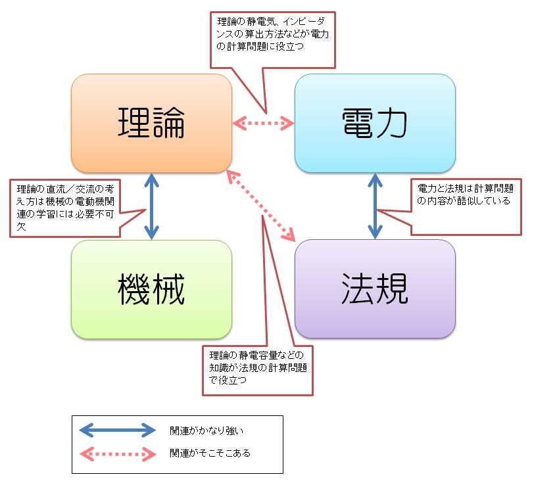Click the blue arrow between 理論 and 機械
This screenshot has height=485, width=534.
click(152, 206)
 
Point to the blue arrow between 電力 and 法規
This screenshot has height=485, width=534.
click(376, 206)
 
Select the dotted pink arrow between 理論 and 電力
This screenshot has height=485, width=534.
click(264, 122)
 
